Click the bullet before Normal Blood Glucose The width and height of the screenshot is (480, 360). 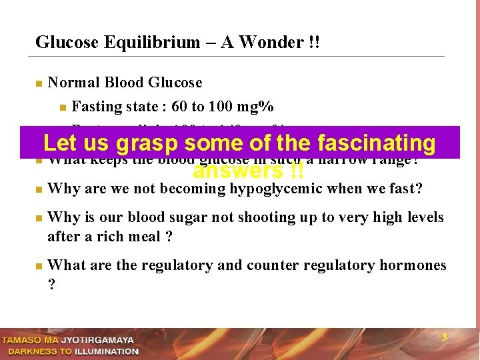pyautogui.click(x=39, y=84)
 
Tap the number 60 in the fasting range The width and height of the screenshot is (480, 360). pyautogui.click(x=179, y=107)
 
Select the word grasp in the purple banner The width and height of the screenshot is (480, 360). pyautogui.click(x=147, y=143)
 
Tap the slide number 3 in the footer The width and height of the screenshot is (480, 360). pyautogui.click(x=444, y=338)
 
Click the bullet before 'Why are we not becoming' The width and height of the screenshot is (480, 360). pyautogui.click(x=39, y=190)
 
